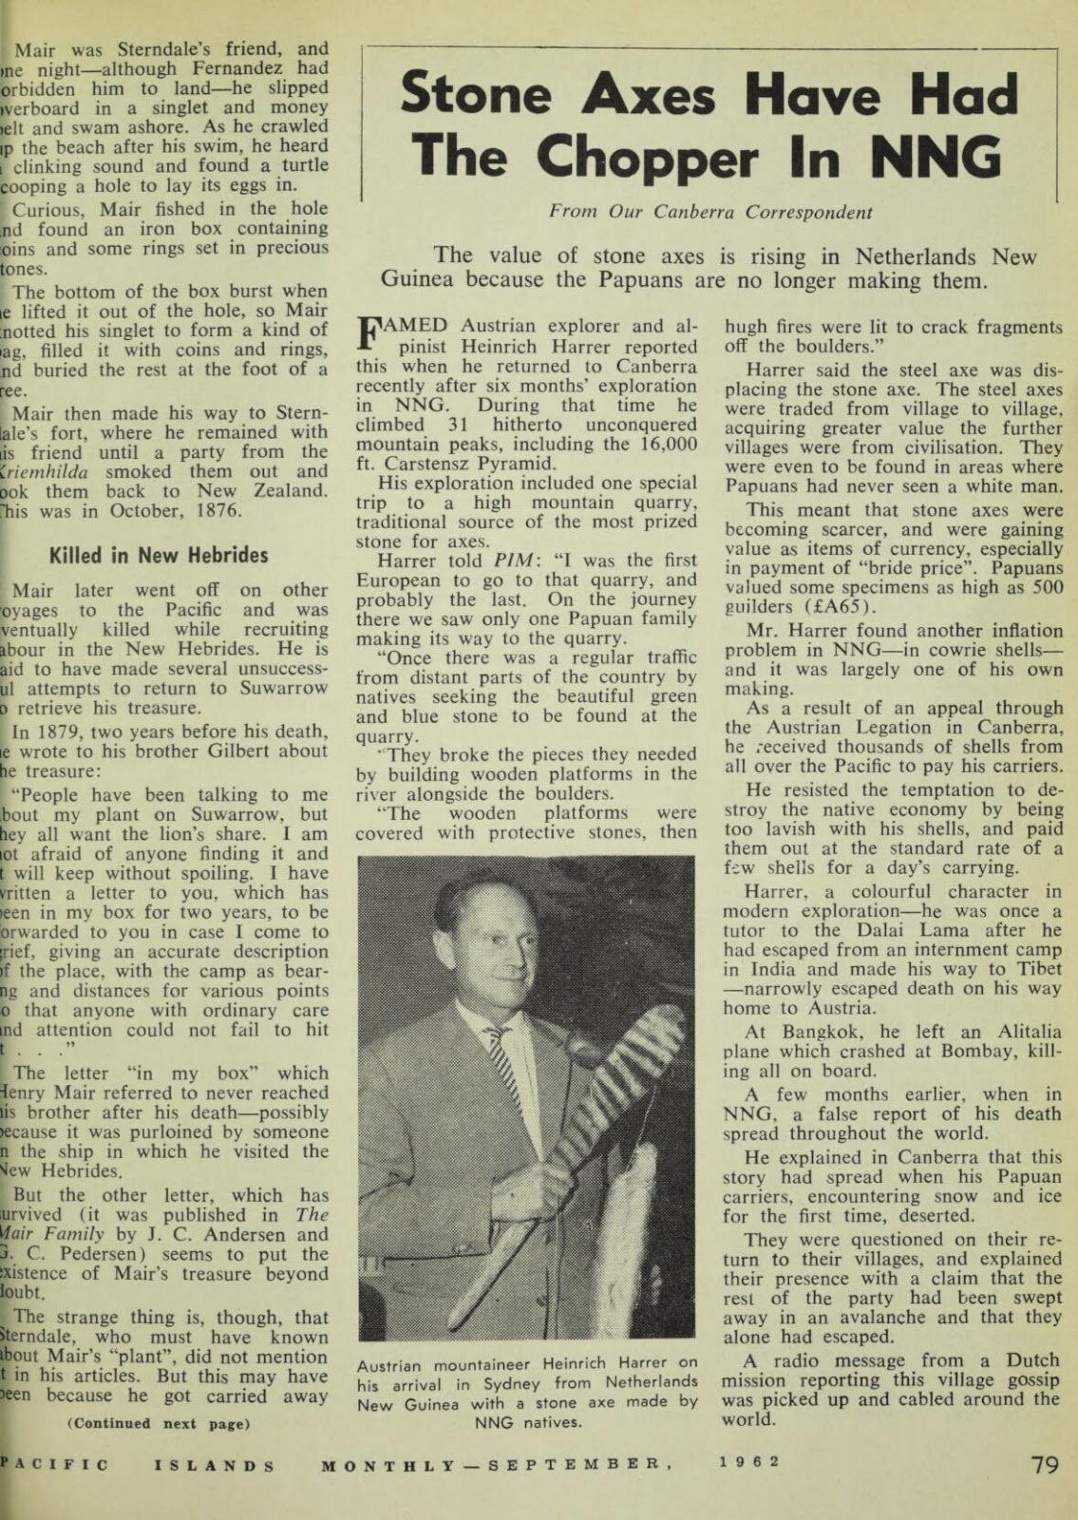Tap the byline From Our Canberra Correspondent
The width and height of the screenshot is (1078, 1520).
[x=710, y=213]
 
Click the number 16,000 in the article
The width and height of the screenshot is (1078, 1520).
[x=666, y=445]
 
